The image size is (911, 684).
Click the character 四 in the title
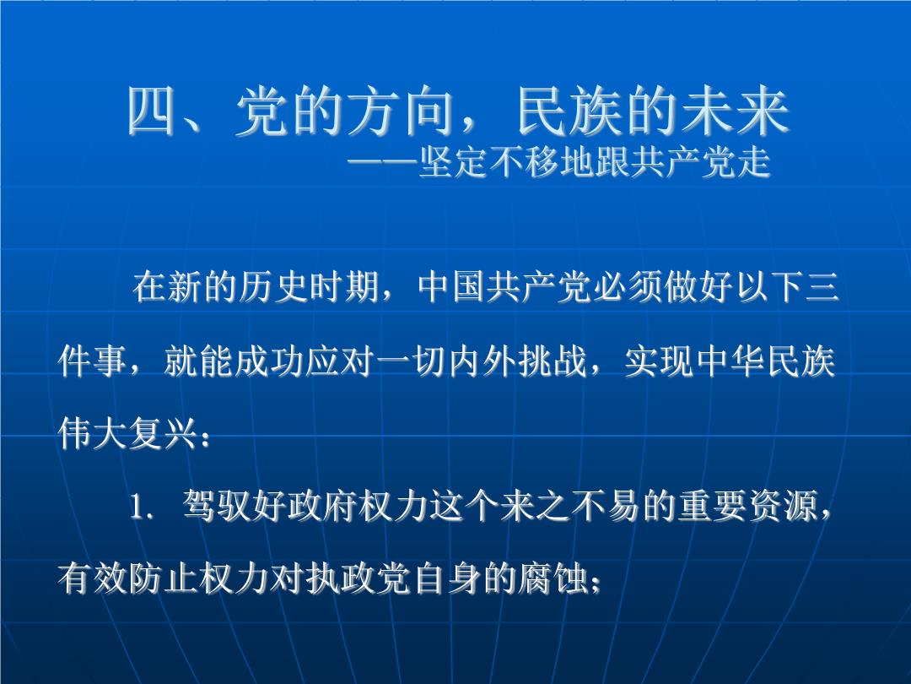pyautogui.click(x=152, y=111)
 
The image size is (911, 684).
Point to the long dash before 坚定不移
pyautogui.click(x=383, y=162)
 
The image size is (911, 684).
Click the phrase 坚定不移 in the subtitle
pyautogui.click(x=488, y=162)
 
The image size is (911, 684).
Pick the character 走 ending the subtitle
pyautogui.click(x=752, y=162)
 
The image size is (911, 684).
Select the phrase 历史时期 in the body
pyautogui.click(x=309, y=287)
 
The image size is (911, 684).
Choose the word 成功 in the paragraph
pyautogui.click(x=270, y=361)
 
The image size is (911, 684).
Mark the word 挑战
pyautogui.click(x=553, y=361)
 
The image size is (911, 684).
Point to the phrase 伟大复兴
pyautogui.click(x=128, y=434)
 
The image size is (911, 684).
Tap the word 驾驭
pyautogui.click(x=218, y=506)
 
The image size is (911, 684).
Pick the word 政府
pyautogui.click(x=324, y=506)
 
